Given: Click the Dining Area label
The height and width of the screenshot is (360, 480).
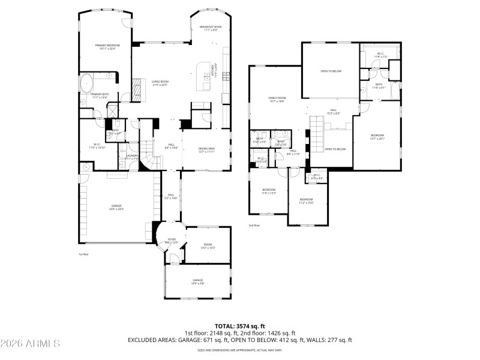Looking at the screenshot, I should tap(206, 149).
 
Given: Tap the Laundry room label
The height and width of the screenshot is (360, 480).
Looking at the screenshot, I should tap(133, 157).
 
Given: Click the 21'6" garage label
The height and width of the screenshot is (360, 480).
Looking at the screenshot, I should tap(116, 208).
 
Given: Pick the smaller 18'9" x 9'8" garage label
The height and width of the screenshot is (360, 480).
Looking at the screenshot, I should tap(197, 282).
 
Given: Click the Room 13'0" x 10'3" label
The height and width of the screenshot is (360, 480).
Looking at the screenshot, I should tap(208, 245).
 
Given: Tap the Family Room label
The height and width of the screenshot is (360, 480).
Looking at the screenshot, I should tap(277, 99).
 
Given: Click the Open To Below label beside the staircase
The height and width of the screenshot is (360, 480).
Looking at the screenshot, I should tap(335, 149).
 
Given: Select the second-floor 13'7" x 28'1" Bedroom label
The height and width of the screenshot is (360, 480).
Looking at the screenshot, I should tap(377, 136).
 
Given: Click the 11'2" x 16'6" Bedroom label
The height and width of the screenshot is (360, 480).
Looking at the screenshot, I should tap(306, 200).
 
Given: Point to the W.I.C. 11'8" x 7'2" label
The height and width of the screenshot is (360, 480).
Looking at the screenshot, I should tap(382, 55).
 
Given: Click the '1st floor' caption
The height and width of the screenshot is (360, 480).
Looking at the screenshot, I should tap(84, 254).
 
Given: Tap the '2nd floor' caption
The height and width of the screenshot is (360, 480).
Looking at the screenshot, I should tap(254, 226).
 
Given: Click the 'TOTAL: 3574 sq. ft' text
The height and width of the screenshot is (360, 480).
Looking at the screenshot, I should tap(239, 326).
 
